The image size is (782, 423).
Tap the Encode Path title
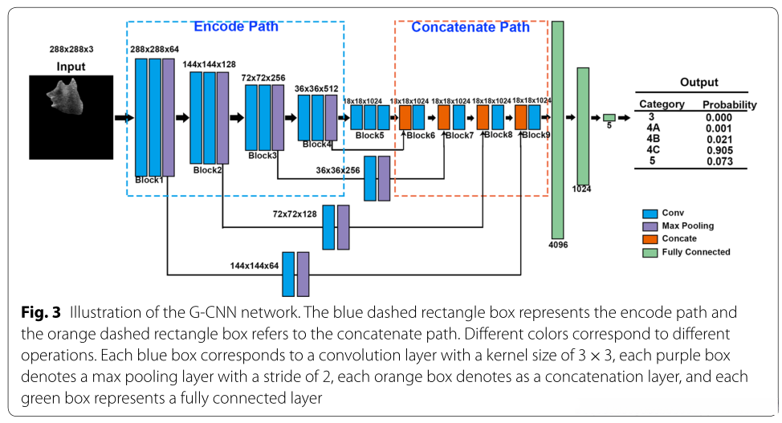coord(235,26)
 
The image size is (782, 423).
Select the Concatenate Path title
coord(470,27)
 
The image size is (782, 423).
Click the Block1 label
coord(149,180)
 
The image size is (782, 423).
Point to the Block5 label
coord(369,136)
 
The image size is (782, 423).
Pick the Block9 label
coord(536,135)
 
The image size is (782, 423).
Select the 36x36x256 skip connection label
coord(338,170)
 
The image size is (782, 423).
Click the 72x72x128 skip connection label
coord(295,215)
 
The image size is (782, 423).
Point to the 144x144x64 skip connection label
coord(255,264)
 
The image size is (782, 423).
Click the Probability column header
coord(729,104)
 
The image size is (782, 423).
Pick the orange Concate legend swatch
coord(650,238)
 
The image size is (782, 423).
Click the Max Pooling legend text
coord(687,226)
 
